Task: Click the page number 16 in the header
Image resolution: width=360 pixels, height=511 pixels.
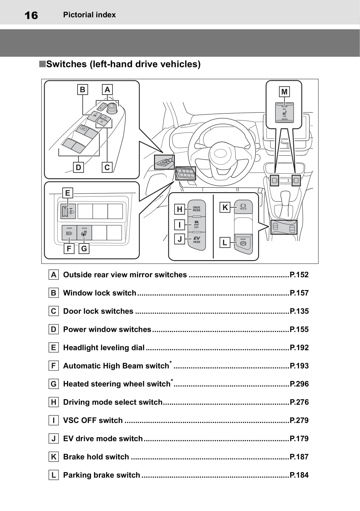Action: coord(31,15)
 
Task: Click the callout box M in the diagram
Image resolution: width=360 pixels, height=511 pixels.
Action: coord(284,92)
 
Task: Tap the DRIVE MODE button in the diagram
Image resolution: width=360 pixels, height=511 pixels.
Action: coord(196,209)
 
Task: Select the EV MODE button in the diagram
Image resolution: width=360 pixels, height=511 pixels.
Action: coord(196,239)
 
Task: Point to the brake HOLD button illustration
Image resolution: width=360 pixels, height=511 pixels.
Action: coord(243,207)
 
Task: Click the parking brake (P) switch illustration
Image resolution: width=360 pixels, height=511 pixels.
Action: coord(243,243)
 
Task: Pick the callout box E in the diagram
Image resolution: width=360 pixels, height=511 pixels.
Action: coord(68,193)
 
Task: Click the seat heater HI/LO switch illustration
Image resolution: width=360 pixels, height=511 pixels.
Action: coord(284,112)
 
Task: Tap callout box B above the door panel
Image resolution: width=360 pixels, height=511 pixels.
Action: coord(82,90)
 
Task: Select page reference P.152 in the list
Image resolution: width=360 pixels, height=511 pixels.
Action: coord(299,275)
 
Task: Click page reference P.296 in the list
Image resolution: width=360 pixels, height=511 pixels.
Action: coord(299,384)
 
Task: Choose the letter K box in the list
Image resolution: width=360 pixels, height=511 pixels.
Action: coord(54,457)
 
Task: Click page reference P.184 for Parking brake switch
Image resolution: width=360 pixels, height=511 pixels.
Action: coord(299,475)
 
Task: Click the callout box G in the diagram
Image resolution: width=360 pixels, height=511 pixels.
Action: coord(84,248)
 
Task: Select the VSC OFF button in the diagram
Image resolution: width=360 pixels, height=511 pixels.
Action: coord(196,224)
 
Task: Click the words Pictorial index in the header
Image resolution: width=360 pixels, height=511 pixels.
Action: coord(89,15)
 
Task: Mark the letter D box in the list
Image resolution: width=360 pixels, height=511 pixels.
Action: coord(54,329)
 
